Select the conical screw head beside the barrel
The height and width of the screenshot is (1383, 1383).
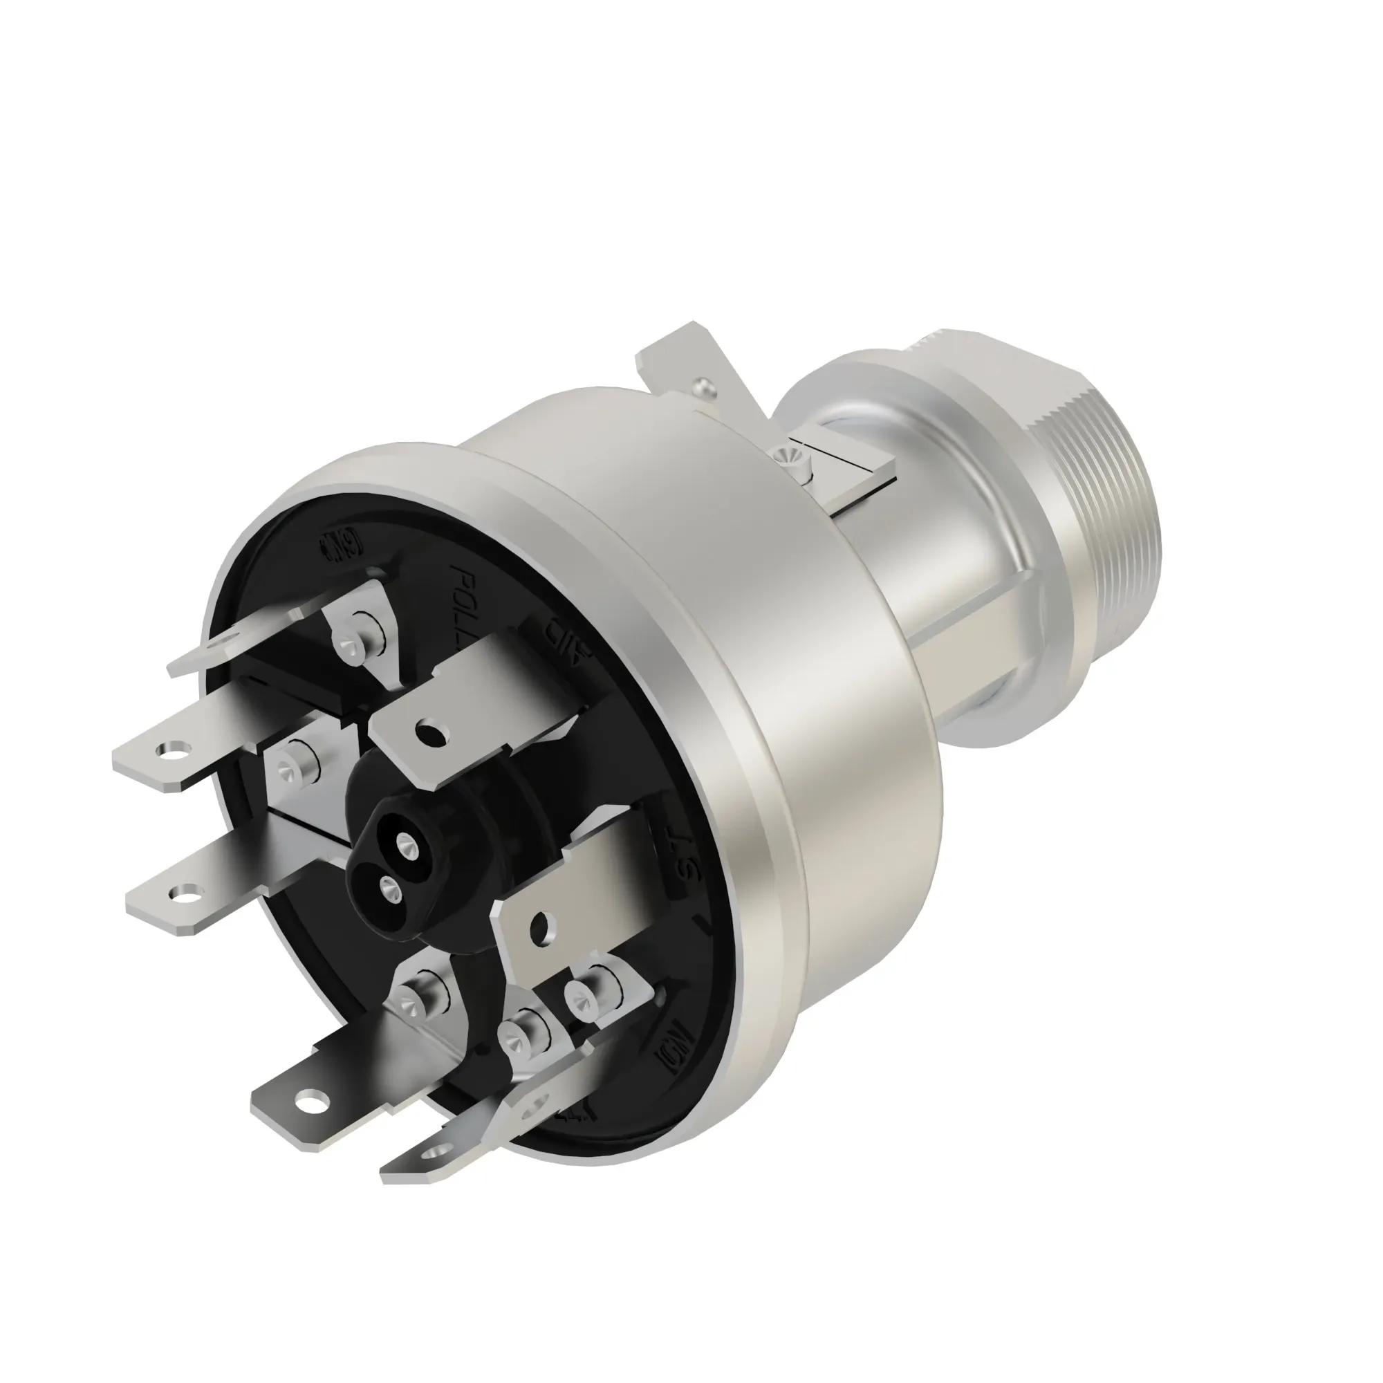(786, 454)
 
